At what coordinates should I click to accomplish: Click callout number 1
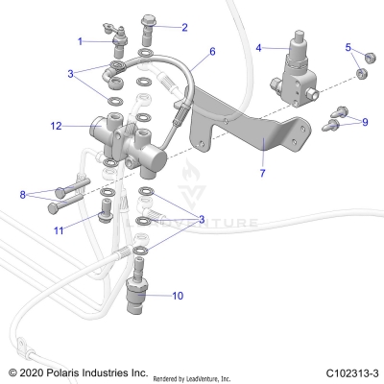pos(81,40)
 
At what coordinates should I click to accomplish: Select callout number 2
pos(184,28)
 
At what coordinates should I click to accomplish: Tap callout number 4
pos(258,47)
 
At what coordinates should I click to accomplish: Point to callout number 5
pos(348,46)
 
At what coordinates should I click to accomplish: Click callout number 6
pos(212,51)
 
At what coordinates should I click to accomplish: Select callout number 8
pos(23,195)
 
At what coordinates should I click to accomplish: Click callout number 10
pos(177,297)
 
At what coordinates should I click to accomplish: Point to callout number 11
pos(58,230)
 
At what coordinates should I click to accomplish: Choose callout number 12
pos(57,125)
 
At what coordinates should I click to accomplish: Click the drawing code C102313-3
pos(351,372)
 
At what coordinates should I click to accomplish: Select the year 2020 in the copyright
pos(36,372)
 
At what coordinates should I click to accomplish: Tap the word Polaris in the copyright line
pos(75,372)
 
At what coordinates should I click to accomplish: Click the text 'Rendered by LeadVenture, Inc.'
pos(205,374)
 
